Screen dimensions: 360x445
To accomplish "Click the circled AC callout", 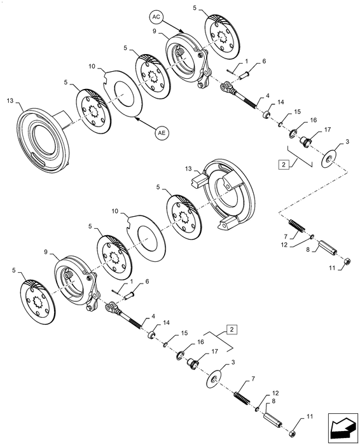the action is pos(156,17).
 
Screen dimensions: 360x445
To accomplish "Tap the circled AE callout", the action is pos(162,132).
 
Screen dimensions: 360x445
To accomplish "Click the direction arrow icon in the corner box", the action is pos(342,428).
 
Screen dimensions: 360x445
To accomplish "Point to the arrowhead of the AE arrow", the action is pos(136,118).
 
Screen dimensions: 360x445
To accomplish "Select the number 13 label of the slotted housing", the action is pos(10,100).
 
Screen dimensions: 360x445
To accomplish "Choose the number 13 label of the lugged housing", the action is pos(188,169).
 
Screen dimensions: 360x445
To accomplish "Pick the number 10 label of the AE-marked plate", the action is pos(92,66).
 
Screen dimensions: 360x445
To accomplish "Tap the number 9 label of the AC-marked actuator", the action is pos(155,31).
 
